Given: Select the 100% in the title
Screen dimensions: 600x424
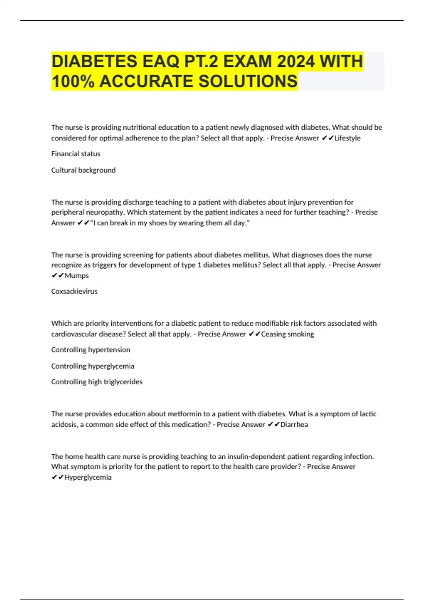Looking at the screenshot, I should pyautogui.click(x=73, y=81).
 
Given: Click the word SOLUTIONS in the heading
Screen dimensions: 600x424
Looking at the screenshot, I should pyautogui.click(x=248, y=81).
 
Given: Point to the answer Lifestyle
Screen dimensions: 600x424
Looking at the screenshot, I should pyautogui.click(x=347, y=138).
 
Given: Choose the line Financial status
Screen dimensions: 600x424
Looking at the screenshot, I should pyautogui.click(x=76, y=154).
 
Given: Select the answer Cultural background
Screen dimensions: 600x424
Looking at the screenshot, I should pyautogui.click(x=83, y=170).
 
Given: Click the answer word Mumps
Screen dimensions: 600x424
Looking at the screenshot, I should pyautogui.click(x=77, y=276).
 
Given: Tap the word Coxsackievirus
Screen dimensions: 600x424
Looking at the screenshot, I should pyautogui.click(x=74, y=292).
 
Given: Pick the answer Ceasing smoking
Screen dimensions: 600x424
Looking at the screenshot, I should pyautogui.click(x=287, y=334).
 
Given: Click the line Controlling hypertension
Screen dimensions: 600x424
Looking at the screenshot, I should pyautogui.click(x=90, y=350).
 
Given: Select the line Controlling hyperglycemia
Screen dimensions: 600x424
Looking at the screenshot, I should pyautogui.click(x=93, y=366).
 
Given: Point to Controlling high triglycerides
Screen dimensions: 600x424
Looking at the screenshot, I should pyautogui.click(x=97, y=382).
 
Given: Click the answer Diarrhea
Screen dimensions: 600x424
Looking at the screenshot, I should pyautogui.click(x=294, y=425).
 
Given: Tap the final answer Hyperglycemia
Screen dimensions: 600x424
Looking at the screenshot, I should pyautogui.click(x=88, y=478).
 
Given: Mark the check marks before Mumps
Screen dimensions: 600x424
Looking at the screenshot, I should pyautogui.click(x=58, y=276).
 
